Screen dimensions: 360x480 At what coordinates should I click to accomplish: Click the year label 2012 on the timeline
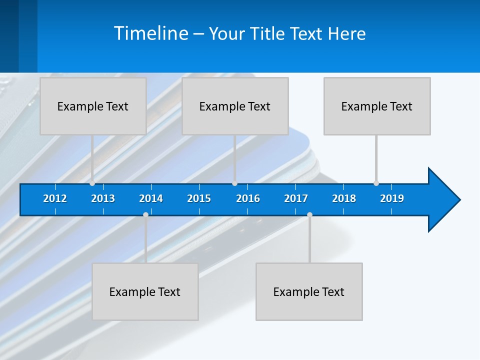click(55, 198)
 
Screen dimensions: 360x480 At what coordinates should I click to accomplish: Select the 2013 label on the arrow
click(103, 198)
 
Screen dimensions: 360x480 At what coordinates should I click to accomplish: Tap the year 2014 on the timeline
click(151, 198)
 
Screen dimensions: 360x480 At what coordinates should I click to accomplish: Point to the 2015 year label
click(199, 198)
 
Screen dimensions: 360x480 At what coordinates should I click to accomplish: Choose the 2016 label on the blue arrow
click(248, 198)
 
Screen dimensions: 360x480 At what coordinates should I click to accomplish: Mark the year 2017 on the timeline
click(296, 198)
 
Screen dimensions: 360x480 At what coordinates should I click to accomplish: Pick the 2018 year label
click(344, 198)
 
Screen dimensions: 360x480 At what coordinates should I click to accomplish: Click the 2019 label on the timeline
click(392, 198)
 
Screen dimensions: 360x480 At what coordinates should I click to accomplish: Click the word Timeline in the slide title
click(150, 33)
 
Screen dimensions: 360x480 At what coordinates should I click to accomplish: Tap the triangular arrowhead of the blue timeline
click(443, 200)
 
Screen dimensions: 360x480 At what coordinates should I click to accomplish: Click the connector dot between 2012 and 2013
click(92, 183)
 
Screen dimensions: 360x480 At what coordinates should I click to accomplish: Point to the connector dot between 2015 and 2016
click(234, 183)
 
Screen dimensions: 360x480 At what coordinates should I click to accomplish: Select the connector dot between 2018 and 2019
click(376, 183)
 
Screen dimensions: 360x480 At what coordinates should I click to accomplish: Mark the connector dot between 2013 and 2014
click(145, 214)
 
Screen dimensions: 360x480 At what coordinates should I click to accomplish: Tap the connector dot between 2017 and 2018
click(309, 214)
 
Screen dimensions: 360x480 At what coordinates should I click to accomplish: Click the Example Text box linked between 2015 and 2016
click(235, 106)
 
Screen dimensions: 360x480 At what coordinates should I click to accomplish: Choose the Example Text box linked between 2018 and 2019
click(377, 106)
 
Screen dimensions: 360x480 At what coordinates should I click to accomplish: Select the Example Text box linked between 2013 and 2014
click(145, 291)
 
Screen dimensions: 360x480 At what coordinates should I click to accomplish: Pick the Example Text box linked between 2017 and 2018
click(309, 291)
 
